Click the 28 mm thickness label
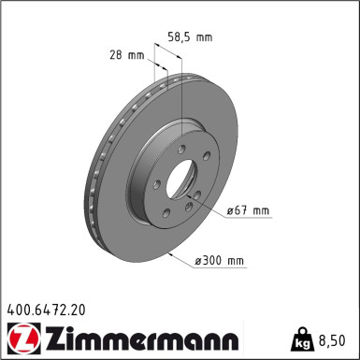[x=125, y=56]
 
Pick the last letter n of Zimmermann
[x=230, y=339]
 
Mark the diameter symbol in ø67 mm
[x=229, y=211]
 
